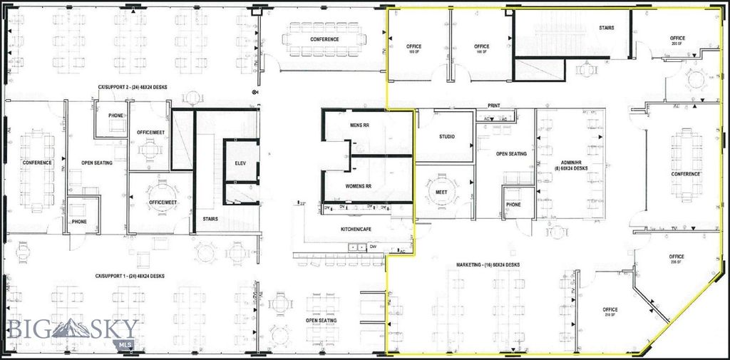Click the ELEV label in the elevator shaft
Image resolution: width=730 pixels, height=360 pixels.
(x=240, y=163)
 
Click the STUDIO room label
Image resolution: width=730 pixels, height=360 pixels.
(x=446, y=137)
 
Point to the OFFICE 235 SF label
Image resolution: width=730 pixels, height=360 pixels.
(x=676, y=259)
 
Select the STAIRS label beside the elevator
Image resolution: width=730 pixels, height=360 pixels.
(x=210, y=219)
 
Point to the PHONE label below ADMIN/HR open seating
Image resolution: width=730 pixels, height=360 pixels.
(x=513, y=204)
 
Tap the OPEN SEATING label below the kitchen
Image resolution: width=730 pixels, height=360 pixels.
(x=322, y=320)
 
